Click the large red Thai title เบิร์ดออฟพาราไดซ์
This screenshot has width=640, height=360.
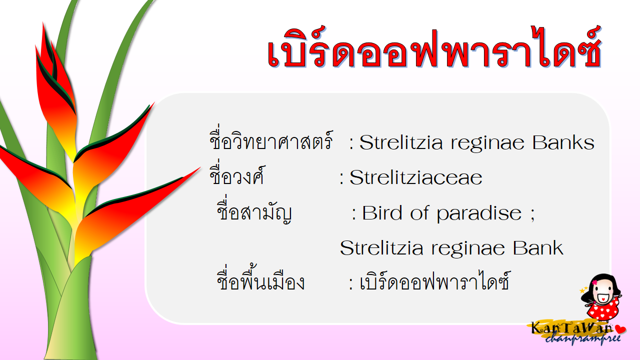click(434, 48)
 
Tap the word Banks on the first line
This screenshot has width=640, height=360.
click(563, 142)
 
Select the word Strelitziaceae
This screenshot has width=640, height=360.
click(415, 177)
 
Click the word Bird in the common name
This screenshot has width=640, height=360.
click(382, 213)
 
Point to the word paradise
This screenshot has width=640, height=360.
click(479, 213)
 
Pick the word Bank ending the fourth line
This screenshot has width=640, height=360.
click(537, 247)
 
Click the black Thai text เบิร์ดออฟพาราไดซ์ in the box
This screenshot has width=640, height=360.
click(434, 280)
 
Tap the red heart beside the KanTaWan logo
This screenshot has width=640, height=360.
click(620, 329)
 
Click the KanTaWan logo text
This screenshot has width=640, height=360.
click(571, 327)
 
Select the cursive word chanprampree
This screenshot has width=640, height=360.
click(583, 339)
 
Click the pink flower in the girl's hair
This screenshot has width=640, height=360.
click(594, 282)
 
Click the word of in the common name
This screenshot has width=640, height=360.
click(419, 213)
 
